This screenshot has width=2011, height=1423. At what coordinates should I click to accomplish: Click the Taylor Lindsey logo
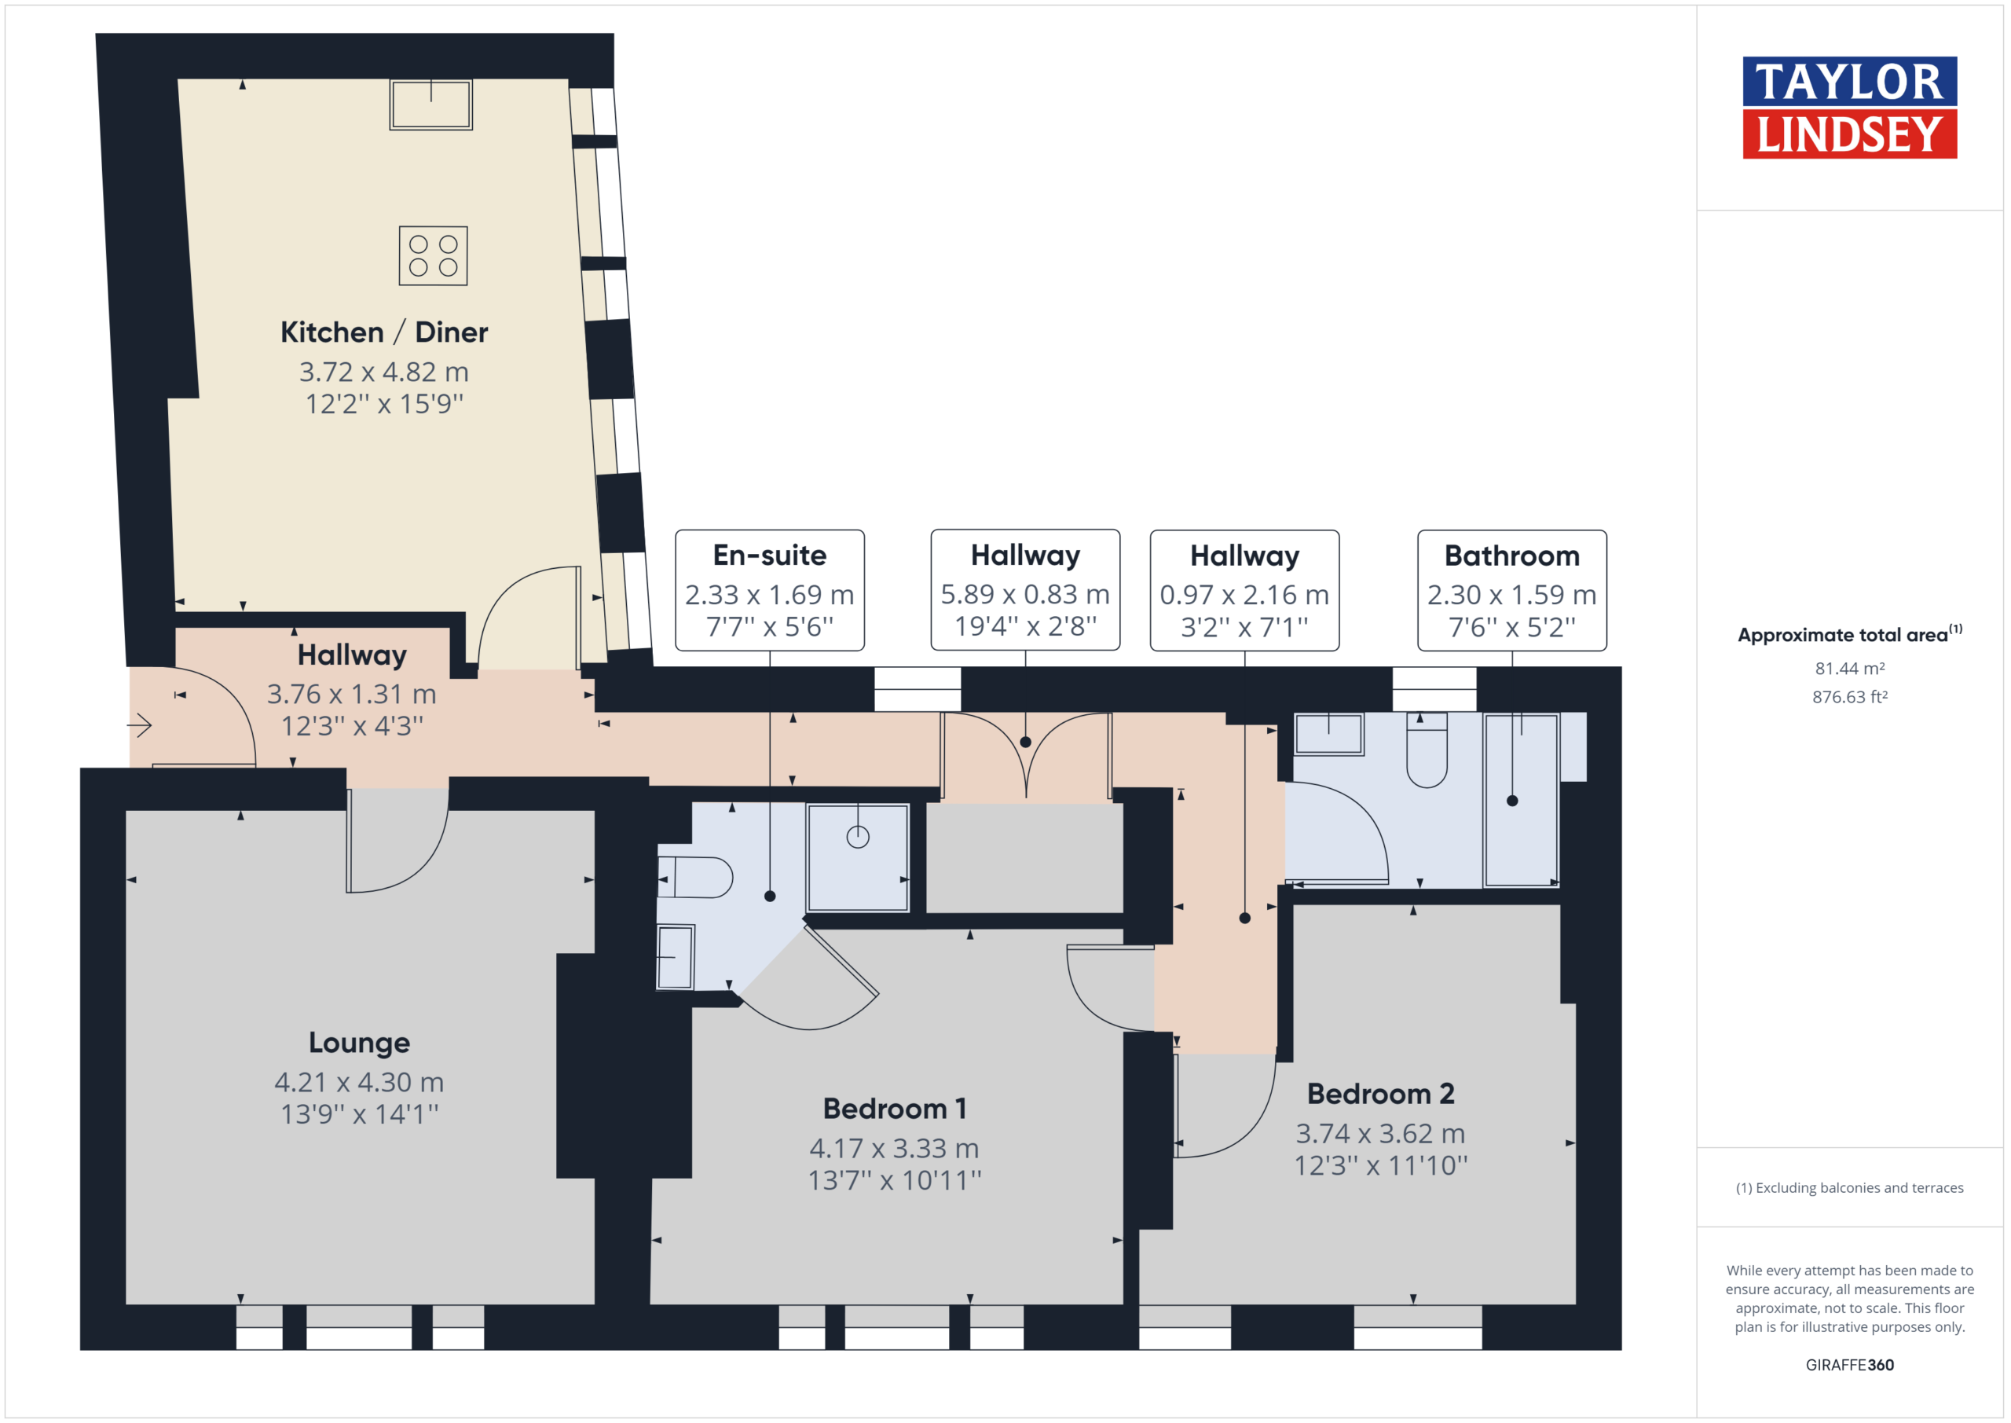1849,108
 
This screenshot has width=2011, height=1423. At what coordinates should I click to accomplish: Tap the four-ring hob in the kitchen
433,256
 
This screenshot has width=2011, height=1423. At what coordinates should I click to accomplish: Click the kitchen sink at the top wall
431,105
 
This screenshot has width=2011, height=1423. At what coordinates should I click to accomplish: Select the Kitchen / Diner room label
383,332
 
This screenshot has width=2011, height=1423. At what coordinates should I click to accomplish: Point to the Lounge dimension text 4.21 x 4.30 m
359,1082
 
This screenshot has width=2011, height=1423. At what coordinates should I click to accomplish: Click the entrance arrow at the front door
139,724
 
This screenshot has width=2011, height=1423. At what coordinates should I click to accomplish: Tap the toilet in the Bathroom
1427,750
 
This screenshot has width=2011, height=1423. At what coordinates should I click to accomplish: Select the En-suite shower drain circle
858,837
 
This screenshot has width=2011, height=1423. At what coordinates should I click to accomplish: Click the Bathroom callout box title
1511,556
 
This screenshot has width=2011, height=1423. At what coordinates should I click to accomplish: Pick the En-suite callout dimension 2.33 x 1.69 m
769,595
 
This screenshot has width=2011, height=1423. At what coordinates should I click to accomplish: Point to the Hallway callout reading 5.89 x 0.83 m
1025,594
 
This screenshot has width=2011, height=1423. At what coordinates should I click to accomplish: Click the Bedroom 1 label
894,1109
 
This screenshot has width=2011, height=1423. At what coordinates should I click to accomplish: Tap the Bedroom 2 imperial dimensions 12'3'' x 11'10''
1380,1165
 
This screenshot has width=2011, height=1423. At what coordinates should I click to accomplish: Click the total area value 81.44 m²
1850,669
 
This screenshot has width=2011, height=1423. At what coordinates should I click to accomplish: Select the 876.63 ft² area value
1850,697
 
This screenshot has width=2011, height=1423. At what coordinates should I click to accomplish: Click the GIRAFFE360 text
1850,1365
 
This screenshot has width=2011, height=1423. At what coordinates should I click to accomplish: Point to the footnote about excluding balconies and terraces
1850,1188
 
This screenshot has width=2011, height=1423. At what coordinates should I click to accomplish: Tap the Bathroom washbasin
1328,733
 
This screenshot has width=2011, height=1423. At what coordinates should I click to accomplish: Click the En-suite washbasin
676,957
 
